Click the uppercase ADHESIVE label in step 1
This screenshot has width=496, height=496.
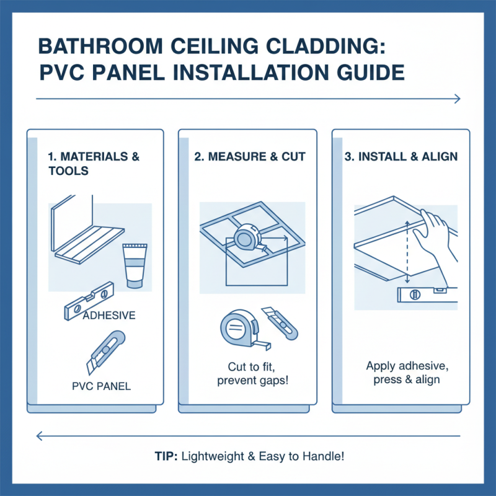point(108,316)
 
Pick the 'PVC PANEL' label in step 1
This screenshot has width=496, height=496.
point(101,387)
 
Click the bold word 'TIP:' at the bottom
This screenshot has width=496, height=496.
point(167,456)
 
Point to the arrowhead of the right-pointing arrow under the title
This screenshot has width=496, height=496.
point(457,99)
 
